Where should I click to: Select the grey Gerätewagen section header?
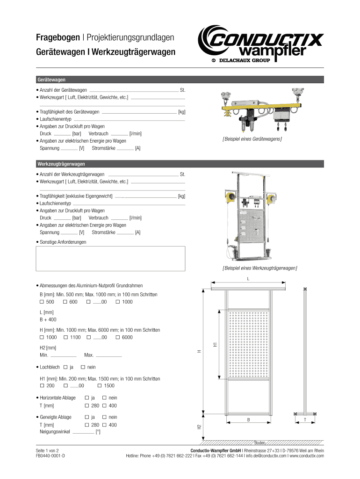[x=180, y=80]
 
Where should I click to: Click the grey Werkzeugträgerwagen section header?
[x=180, y=164]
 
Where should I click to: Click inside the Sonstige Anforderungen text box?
[x=111, y=258]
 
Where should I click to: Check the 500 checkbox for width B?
[x=42, y=302]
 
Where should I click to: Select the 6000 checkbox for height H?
[x=117, y=337]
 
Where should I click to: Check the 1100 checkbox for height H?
[x=66, y=337]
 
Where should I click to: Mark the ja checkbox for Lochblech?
[x=65, y=367]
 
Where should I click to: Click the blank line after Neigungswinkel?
[x=84, y=433]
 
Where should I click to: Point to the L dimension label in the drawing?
[x=248, y=278]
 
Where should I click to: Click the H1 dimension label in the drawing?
[x=215, y=344]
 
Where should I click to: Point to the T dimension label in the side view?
[x=305, y=421]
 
